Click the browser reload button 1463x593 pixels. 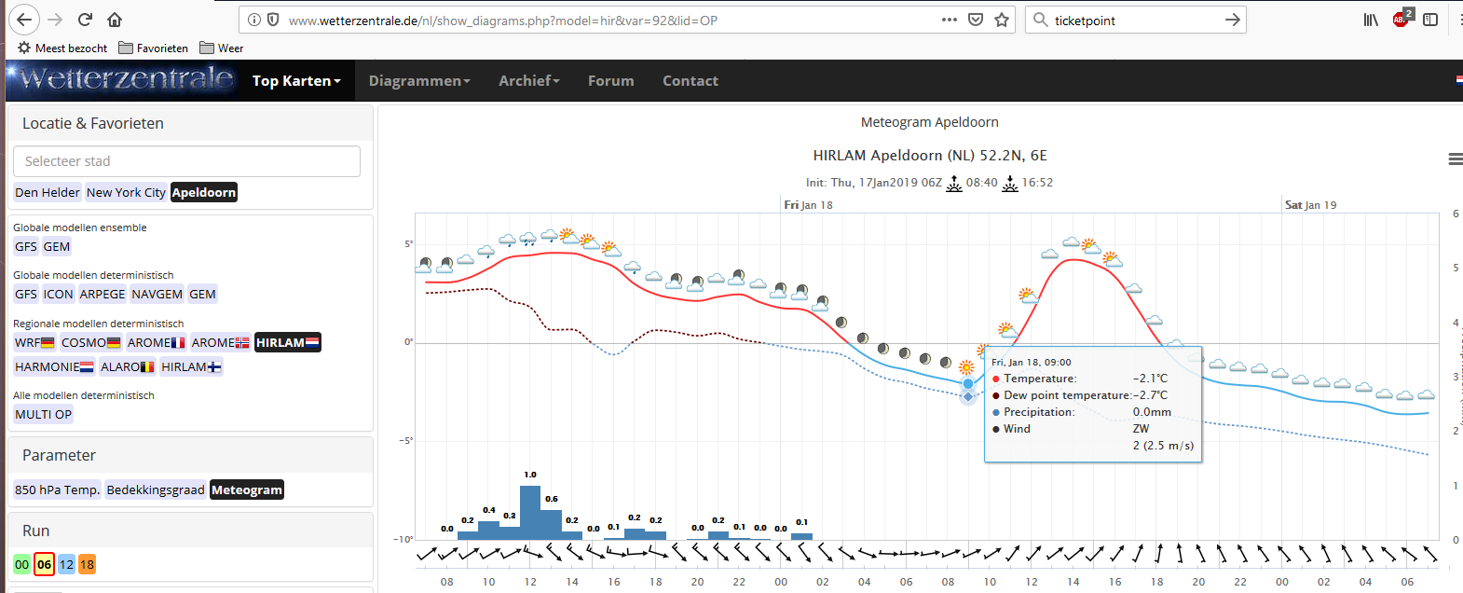point(85,20)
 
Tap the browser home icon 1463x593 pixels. point(115,20)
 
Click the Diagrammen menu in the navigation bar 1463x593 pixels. point(419,80)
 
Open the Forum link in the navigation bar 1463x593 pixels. point(610,80)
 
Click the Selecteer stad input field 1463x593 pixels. point(186,160)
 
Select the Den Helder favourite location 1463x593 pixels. point(47,192)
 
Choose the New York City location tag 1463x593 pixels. point(126,192)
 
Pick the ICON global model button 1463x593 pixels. point(58,295)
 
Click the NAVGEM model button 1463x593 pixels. point(157,295)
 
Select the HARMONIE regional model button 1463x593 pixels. point(54,366)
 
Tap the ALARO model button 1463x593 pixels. point(127,366)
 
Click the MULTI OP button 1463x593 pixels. point(43,415)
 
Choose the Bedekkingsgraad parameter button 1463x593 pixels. point(156,490)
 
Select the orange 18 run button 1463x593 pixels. point(87,564)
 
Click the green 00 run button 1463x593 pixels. point(22,564)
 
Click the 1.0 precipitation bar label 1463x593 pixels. point(529,475)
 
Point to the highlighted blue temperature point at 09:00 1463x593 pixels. point(968,384)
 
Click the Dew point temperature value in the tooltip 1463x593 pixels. point(1150,395)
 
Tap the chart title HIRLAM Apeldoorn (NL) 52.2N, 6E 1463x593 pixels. point(930,156)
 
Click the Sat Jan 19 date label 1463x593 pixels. point(1311,204)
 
